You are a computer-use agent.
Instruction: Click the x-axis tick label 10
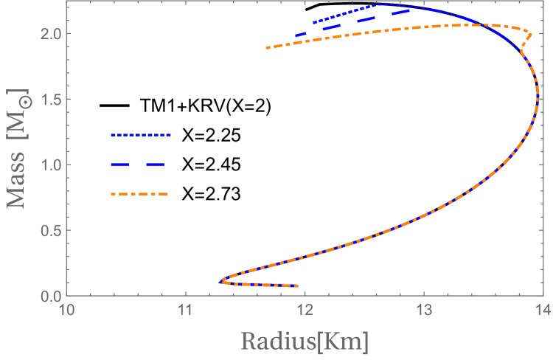(66, 310)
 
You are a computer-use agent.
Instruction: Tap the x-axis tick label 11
(185, 310)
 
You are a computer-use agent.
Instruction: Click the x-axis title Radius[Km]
(304, 342)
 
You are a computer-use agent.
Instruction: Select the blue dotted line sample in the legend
(140, 136)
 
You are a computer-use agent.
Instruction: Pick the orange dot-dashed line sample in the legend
(140, 195)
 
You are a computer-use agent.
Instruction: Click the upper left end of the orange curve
(268, 48)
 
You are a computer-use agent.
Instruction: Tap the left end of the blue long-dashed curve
(296, 35)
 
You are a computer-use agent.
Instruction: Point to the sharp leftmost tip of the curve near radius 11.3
(220, 281)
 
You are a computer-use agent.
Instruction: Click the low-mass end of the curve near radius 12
(296, 285)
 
